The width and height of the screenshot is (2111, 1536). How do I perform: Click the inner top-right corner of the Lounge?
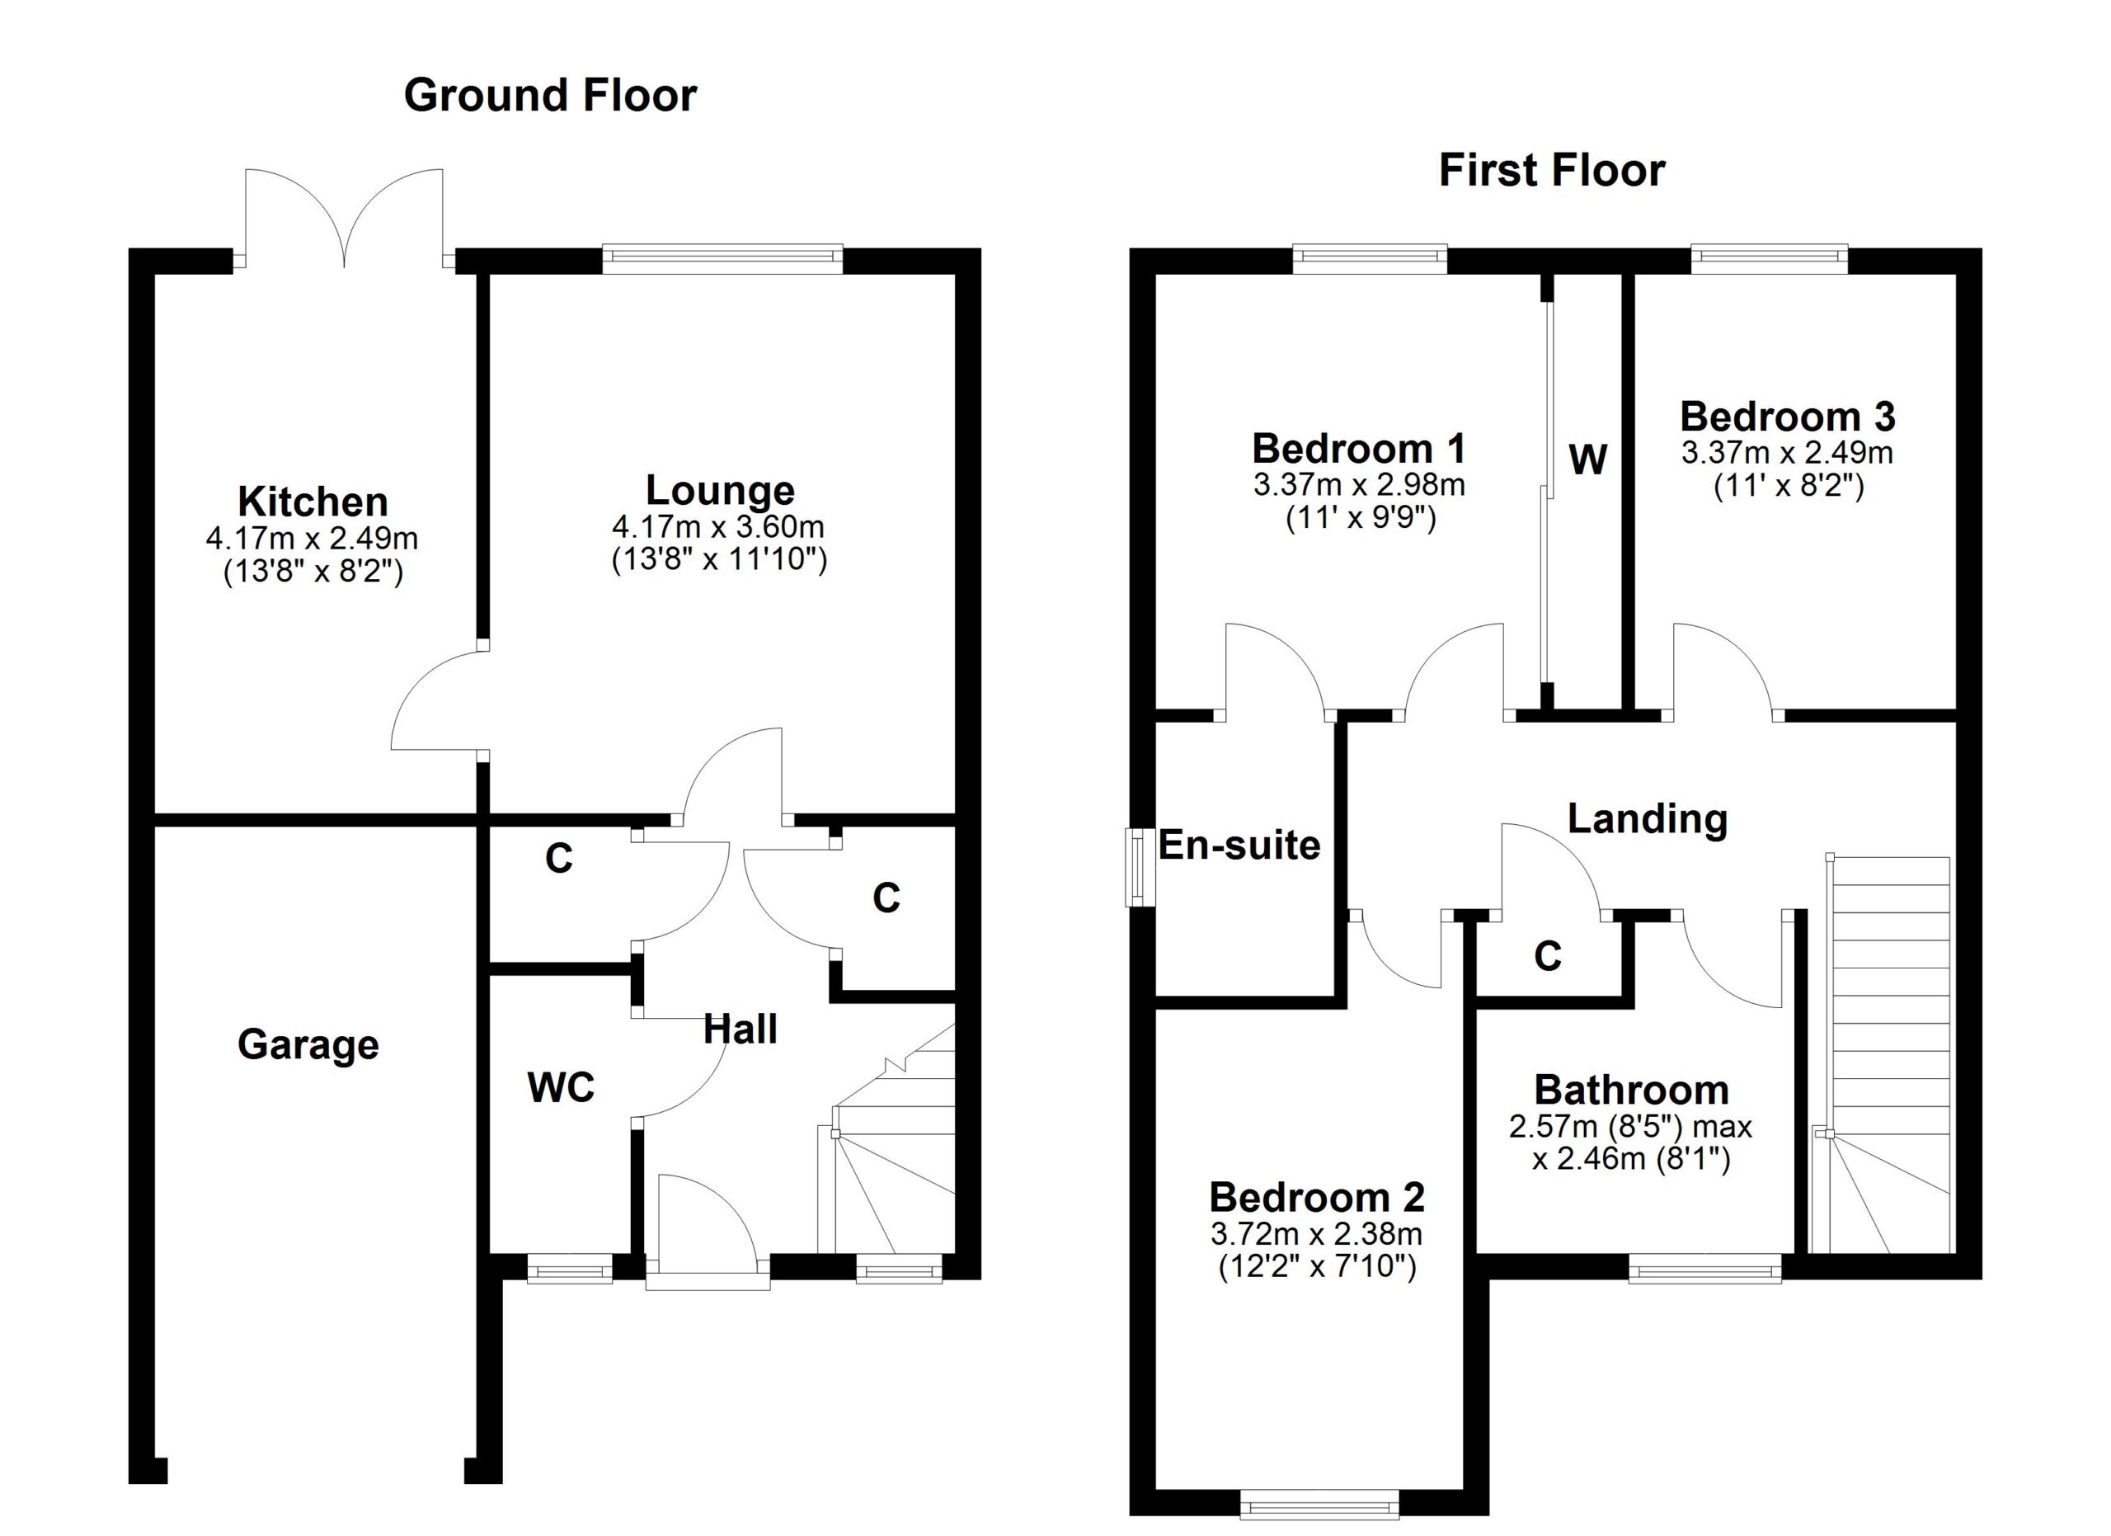pos(956,274)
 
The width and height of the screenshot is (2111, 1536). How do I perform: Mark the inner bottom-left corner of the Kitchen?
pos(154,813)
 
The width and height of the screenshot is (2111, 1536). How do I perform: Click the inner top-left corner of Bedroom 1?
pos(1156,274)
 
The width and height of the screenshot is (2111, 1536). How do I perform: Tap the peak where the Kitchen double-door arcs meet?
pos(346,267)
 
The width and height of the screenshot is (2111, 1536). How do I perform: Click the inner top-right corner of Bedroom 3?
pos(1955,274)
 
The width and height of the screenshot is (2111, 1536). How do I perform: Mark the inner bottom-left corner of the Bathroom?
pos(1478,1253)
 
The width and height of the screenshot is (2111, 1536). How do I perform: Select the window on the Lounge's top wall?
pos(722,259)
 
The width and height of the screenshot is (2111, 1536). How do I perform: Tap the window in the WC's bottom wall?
pos(570,1269)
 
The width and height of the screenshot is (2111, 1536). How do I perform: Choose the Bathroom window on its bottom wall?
pos(1705,1269)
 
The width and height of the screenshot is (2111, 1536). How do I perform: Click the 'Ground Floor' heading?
pos(550,96)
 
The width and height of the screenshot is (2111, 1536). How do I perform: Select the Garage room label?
pos(308,1045)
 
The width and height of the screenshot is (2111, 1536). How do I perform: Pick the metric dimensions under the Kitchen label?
pos(312,538)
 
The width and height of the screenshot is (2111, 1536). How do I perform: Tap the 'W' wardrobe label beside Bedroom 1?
pos(1587,459)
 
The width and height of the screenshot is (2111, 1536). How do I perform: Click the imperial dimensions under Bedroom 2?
pos(1317,1267)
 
